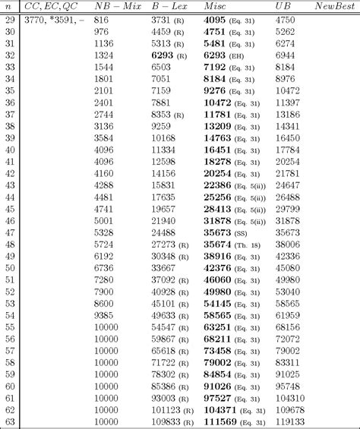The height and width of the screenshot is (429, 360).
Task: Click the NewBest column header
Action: pos(334,5)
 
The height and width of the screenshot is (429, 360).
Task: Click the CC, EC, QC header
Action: pos(50,5)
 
